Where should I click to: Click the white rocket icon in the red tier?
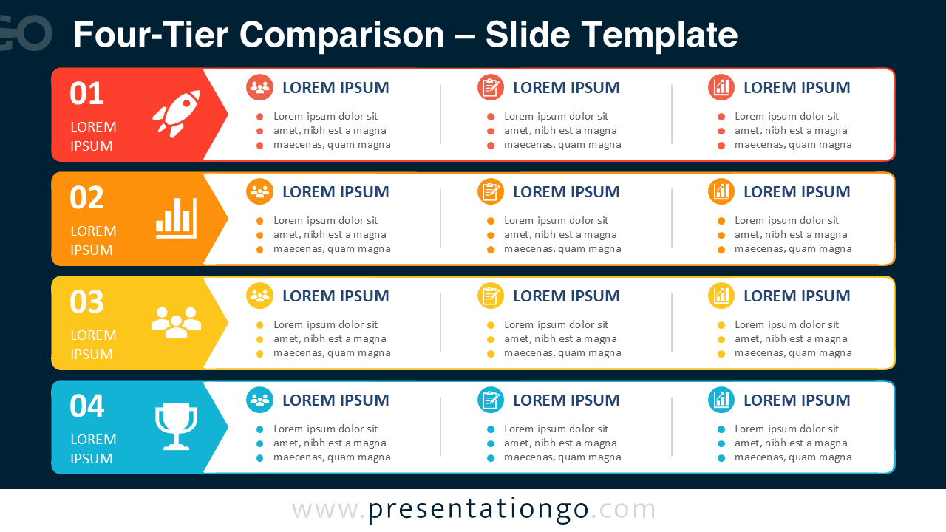[x=177, y=113]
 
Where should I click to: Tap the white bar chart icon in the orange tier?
[x=176, y=218]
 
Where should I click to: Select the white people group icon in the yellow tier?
[x=176, y=322]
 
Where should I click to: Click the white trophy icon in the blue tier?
[x=176, y=426]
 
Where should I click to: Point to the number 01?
[x=86, y=93]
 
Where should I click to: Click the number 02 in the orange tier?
[x=86, y=197]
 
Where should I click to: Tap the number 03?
[x=86, y=302]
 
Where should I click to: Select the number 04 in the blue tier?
[x=86, y=406]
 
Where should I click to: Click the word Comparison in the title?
[x=341, y=35]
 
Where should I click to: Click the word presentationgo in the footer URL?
[x=478, y=510]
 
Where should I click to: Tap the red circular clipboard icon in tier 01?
[x=490, y=87]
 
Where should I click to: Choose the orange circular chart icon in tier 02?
[x=721, y=191]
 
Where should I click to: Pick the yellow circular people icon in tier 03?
[x=259, y=296]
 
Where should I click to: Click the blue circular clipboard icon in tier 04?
[x=490, y=400]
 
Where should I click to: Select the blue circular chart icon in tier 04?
[x=721, y=400]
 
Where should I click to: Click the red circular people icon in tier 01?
[x=259, y=87]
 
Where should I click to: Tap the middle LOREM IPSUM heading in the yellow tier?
[x=566, y=296]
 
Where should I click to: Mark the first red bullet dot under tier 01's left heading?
[x=259, y=117]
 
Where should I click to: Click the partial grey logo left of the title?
[x=25, y=33]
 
